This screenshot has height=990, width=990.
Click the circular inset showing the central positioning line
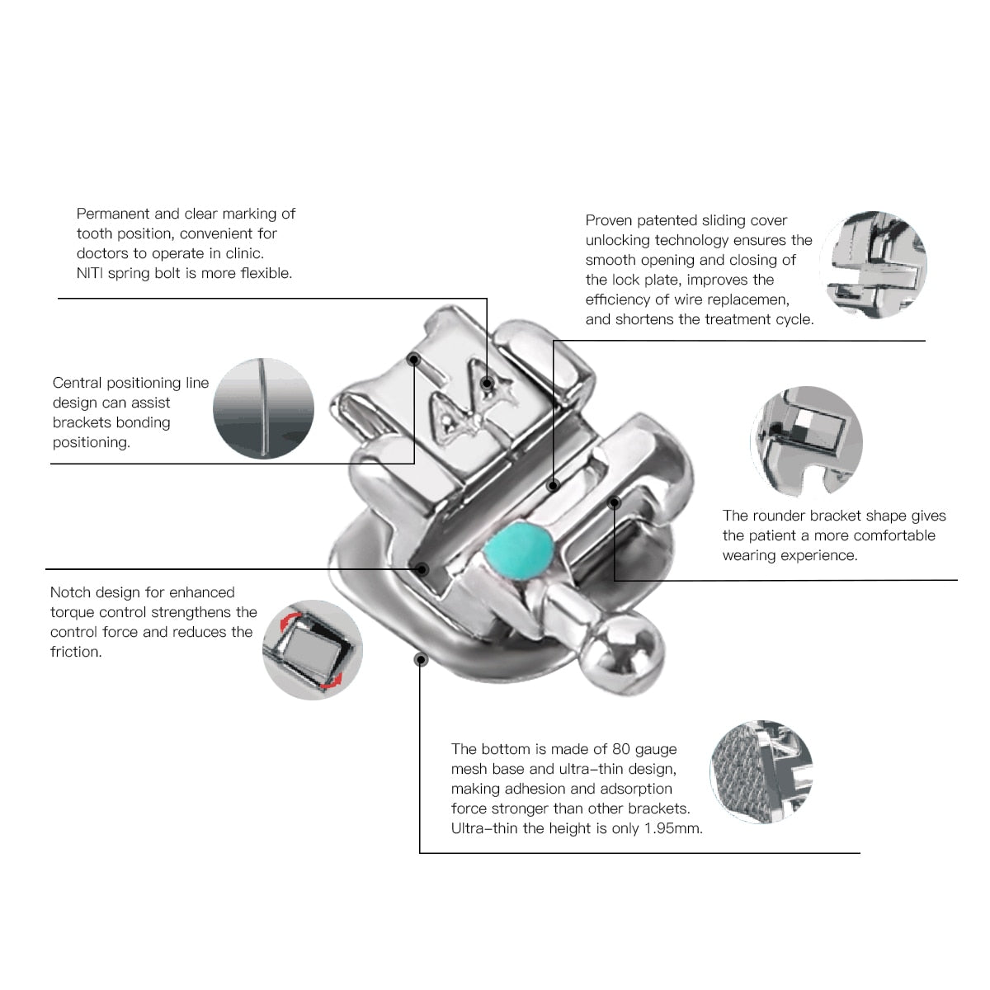coord(263,408)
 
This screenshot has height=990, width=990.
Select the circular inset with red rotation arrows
coord(313,650)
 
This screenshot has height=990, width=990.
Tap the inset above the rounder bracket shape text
coord(806,442)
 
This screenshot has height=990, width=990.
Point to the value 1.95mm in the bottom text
coord(674,828)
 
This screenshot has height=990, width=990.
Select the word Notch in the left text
coord(71,592)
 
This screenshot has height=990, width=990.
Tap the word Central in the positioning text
coord(77,383)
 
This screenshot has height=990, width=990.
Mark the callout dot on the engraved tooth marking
coord(488,384)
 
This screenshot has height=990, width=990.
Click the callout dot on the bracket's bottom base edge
coord(421,659)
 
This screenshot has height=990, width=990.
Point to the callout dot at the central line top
coord(414,360)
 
